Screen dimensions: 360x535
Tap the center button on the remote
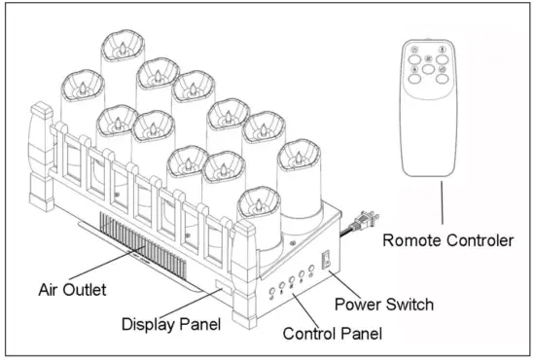click(429, 69)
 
